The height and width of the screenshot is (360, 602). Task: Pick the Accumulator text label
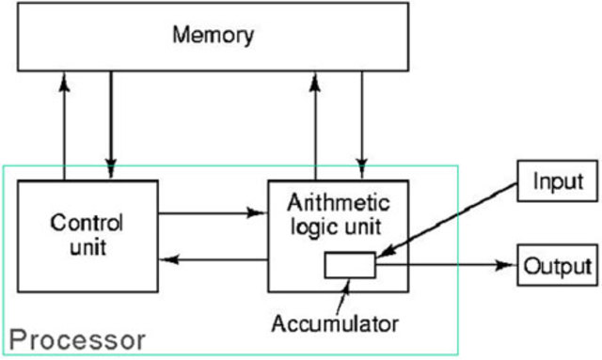pyautogui.click(x=336, y=324)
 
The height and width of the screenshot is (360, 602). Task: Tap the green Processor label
pyautogui.click(x=78, y=338)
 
